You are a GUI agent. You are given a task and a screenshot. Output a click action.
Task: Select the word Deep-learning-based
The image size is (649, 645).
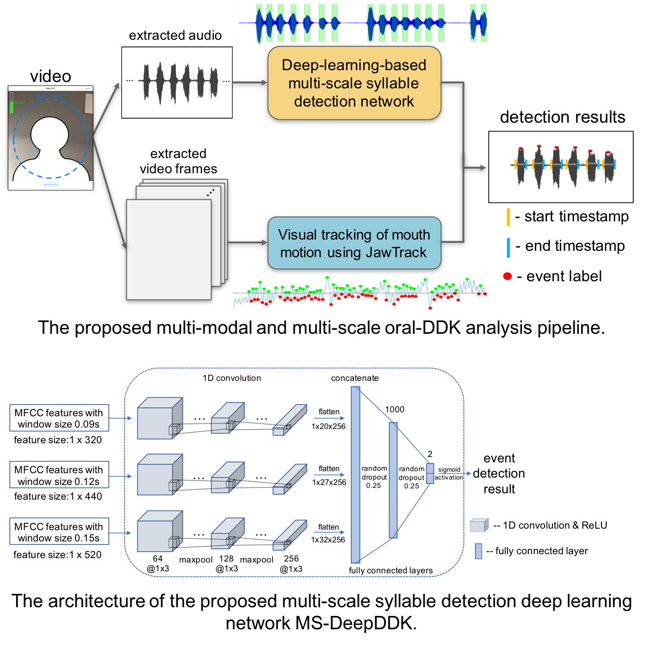coord(354,65)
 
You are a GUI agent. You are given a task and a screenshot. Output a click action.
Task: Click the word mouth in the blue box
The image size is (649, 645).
coord(411,235)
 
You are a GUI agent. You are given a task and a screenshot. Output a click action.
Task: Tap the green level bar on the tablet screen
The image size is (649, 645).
coord(12,107)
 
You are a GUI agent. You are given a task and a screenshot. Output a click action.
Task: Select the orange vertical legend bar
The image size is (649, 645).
coord(508,217)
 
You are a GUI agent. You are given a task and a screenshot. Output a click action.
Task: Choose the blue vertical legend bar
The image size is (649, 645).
coord(508,247)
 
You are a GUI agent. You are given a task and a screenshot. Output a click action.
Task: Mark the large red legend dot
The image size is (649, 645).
coord(507,276)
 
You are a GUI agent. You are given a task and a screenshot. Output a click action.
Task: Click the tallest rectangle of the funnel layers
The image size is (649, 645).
coord(355,475)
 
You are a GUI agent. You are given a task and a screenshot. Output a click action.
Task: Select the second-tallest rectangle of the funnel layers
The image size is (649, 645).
coord(393,480)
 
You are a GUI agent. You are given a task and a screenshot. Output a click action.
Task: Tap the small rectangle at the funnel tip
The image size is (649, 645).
coord(430,473)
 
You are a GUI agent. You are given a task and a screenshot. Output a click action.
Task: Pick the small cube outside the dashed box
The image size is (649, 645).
coord(479,525)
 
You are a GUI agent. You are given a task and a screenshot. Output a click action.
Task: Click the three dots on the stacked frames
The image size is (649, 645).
coord(210,193)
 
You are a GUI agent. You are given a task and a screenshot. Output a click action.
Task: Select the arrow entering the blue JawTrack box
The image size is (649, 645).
coord(248,242)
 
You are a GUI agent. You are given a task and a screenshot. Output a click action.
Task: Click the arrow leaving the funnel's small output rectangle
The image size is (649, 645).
coord(455,473)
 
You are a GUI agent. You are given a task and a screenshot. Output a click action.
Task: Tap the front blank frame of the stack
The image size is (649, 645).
coord(169,249)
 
